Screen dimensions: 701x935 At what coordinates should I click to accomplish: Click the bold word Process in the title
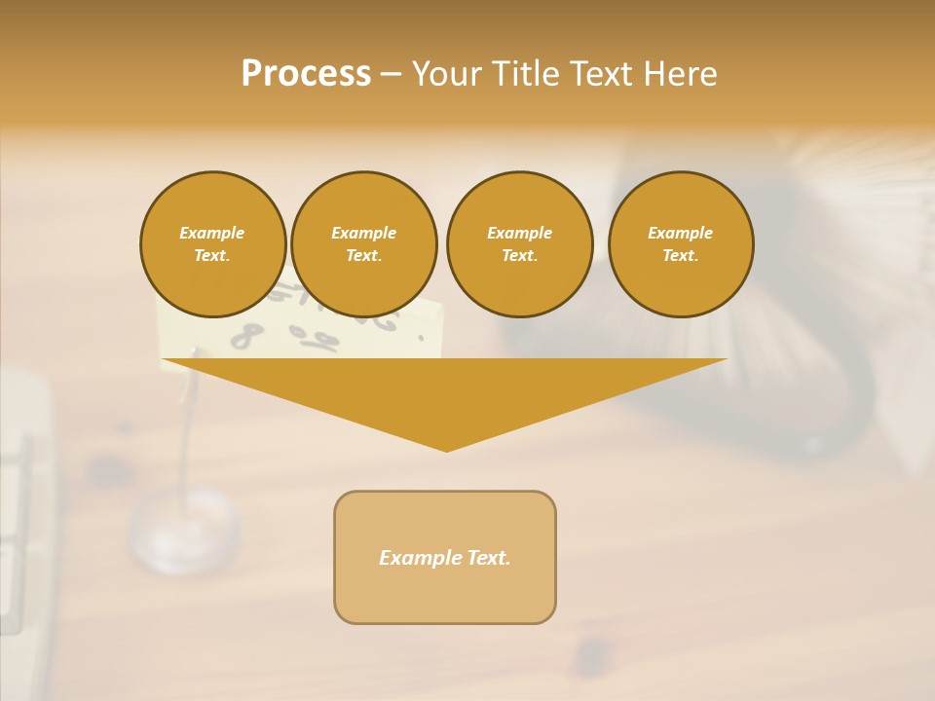pyautogui.click(x=306, y=74)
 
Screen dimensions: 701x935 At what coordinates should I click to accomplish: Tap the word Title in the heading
pyautogui.click(x=522, y=74)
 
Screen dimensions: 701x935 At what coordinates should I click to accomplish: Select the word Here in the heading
pyautogui.click(x=679, y=74)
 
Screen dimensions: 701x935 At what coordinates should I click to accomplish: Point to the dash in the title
pyautogui.click(x=391, y=75)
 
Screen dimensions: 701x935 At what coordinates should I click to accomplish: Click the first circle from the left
pyautogui.click(x=212, y=244)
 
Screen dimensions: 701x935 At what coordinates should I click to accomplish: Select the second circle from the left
pyautogui.click(x=363, y=244)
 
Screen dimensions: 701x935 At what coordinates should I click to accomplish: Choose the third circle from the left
pyautogui.click(x=519, y=244)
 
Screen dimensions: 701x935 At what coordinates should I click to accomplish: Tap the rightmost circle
pyautogui.click(x=681, y=244)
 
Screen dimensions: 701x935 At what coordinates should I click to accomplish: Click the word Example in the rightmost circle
pyautogui.click(x=680, y=233)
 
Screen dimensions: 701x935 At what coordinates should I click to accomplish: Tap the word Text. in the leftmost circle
pyautogui.click(x=212, y=256)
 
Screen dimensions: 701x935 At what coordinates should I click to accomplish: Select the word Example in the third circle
pyautogui.click(x=519, y=233)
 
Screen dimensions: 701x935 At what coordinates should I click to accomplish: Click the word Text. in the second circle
pyautogui.click(x=363, y=256)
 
